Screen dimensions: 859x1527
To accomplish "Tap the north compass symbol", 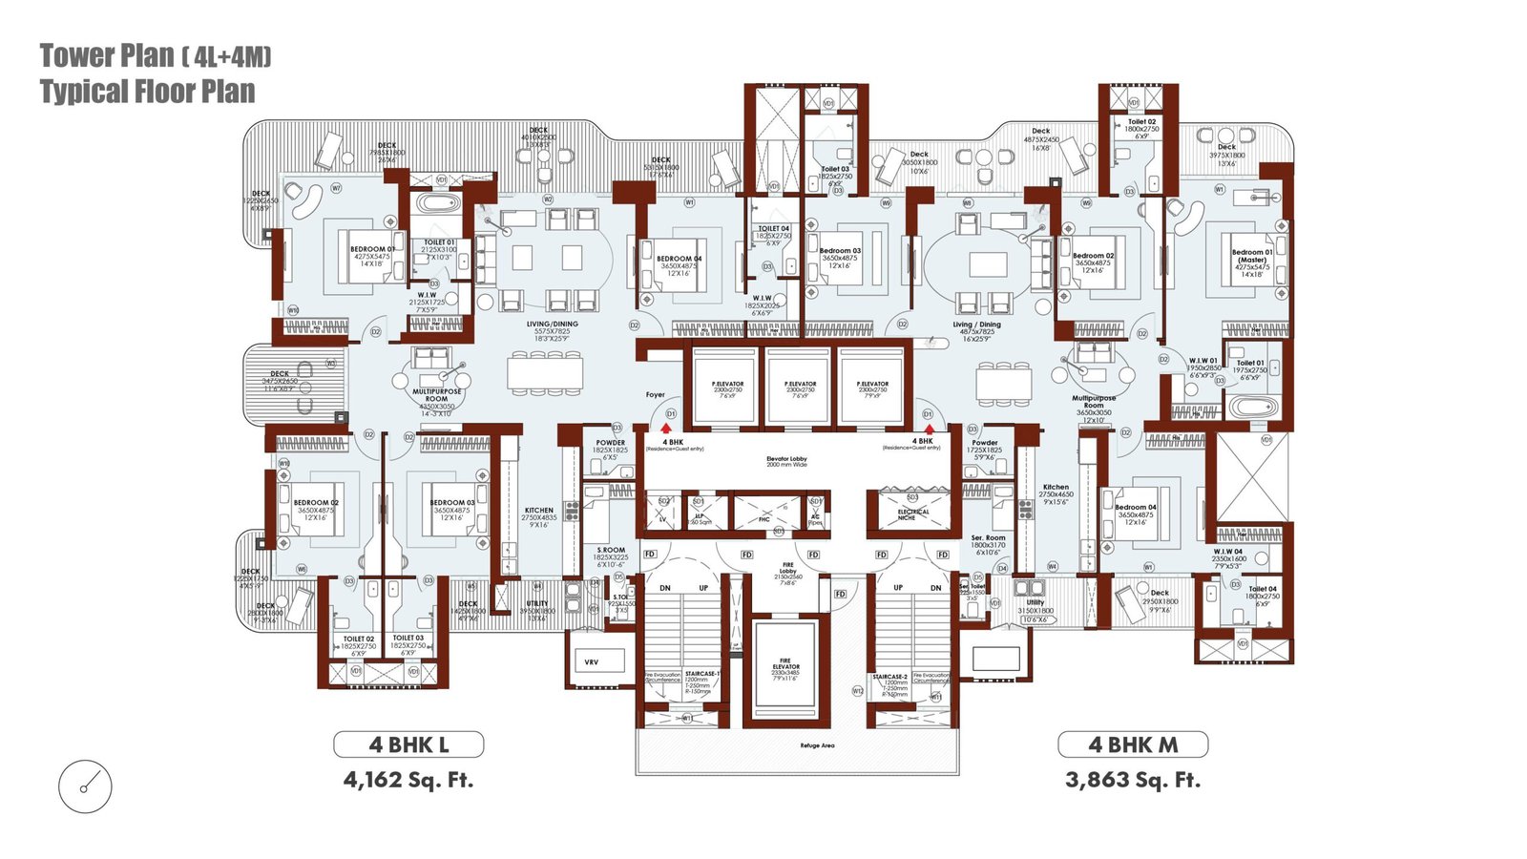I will (85, 787).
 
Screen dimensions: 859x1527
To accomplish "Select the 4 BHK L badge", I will (408, 744).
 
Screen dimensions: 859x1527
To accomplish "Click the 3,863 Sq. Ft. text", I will (1133, 780).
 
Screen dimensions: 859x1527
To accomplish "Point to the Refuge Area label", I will (817, 745).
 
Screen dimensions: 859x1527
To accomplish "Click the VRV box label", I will (592, 661).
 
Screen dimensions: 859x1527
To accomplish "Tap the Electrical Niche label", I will (913, 514).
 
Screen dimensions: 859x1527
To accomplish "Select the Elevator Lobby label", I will (786, 461).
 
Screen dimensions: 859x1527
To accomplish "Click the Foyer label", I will (655, 394).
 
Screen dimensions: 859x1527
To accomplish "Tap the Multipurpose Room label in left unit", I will (437, 395).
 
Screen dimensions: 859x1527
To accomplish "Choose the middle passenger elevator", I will (800, 387).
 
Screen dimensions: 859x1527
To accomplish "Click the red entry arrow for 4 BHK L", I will (666, 429).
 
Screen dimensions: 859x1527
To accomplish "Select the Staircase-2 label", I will (889, 677).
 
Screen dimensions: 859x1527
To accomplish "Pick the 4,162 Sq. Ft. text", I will (408, 780).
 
